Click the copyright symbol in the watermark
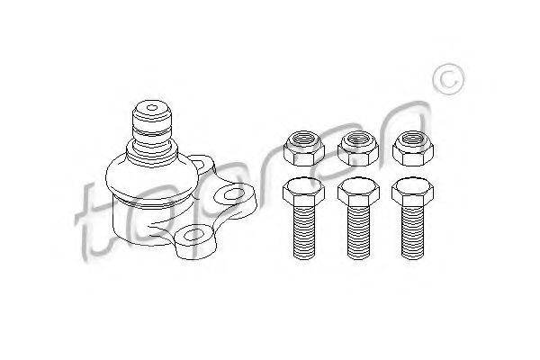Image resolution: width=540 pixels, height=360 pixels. (x=448, y=79)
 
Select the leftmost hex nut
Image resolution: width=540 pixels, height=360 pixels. (x=304, y=148)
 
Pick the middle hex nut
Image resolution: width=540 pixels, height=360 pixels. (x=358, y=148)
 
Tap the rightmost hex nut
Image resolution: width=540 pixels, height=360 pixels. (x=412, y=148)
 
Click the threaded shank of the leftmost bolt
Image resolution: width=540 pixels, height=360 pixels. (x=304, y=232)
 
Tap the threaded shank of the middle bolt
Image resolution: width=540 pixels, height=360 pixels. (x=358, y=232)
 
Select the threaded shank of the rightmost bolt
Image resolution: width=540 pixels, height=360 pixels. (x=412, y=232)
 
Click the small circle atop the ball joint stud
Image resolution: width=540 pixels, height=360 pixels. (x=152, y=108)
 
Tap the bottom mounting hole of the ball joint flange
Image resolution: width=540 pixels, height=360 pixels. (x=192, y=235)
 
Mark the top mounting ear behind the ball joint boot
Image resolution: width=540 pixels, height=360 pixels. (x=202, y=165)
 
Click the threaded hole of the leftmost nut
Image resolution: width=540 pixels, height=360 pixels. (x=303, y=139)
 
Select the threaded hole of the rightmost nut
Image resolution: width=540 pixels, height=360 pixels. (x=412, y=139)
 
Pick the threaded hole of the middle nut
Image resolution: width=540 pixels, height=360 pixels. (x=358, y=139)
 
